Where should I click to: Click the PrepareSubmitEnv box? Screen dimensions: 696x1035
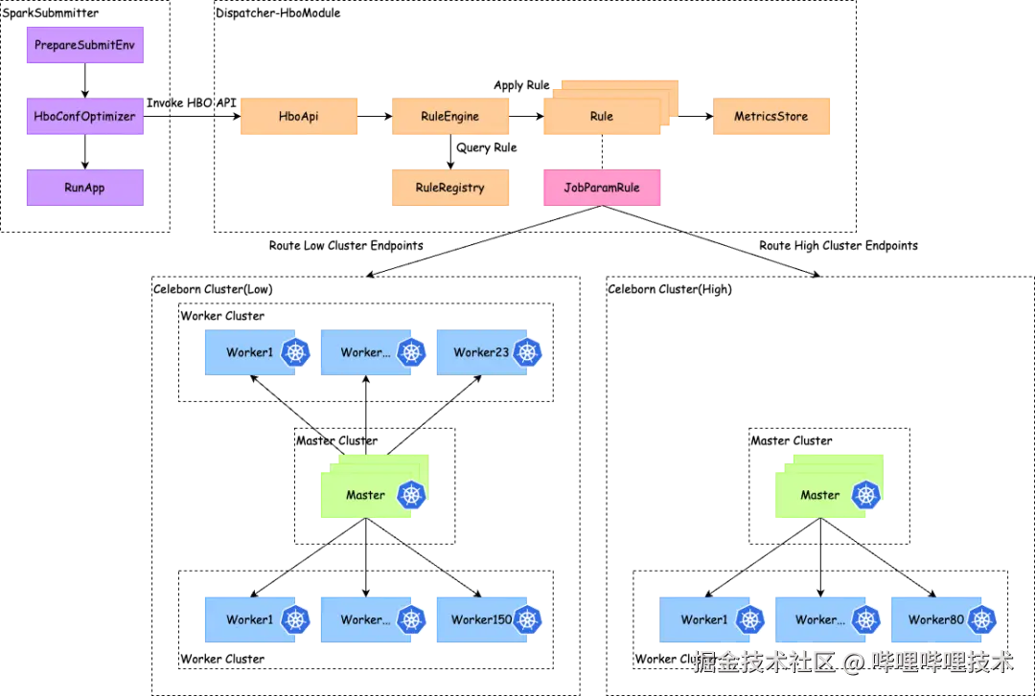pos(84,45)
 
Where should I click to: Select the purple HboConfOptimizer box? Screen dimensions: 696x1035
pos(84,117)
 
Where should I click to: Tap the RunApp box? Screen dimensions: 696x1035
pos(84,188)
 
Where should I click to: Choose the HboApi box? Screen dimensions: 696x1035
pos(299,117)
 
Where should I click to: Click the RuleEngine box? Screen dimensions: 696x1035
pos(450,117)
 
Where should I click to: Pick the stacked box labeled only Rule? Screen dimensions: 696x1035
pos(602,117)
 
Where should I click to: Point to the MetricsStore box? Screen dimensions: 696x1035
pos(771,117)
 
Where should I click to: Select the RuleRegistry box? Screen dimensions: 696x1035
pos(450,188)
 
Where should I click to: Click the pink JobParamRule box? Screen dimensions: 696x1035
pos(602,188)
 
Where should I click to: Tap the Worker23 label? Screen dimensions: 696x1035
pos(481,352)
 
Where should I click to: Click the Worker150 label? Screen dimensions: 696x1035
pos(481,619)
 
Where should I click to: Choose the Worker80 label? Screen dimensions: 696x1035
pos(936,619)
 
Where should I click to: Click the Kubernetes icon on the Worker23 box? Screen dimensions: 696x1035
pos(527,352)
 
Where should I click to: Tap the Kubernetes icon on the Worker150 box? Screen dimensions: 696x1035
pos(527,619)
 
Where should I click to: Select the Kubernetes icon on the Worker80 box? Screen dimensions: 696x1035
pos(981,619)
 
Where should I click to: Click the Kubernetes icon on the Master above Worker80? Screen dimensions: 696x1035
pos(867,495)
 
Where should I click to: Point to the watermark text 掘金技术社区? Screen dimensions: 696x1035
pos(763,661)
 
